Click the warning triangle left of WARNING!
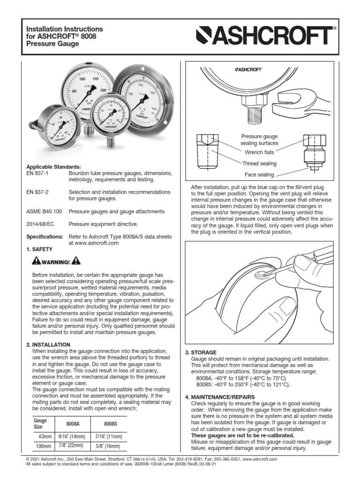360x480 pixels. pos(37,261)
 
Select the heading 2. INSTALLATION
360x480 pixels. pos(48,345)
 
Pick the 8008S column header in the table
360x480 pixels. pos(111,423)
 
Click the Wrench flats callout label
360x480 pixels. pos(259,152)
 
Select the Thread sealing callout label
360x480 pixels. pos(259,163)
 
